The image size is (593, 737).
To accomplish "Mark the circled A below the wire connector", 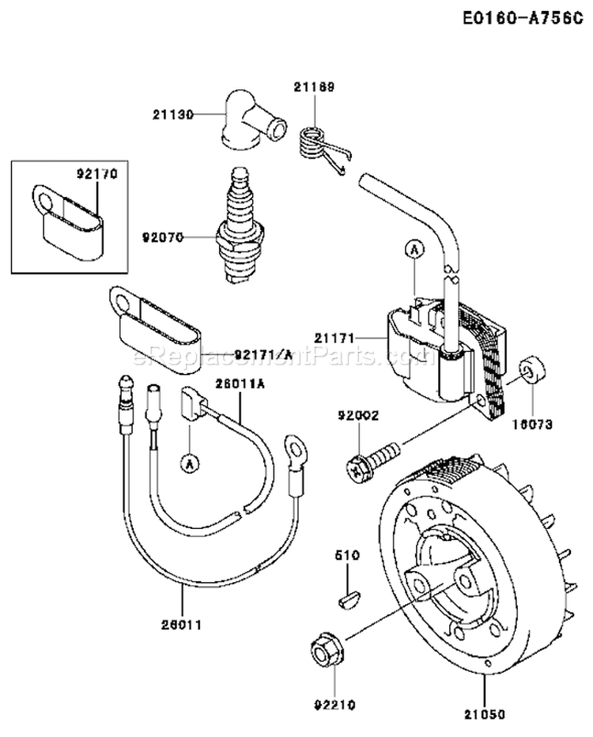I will point(188,463).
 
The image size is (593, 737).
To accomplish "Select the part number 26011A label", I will point(239,383).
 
